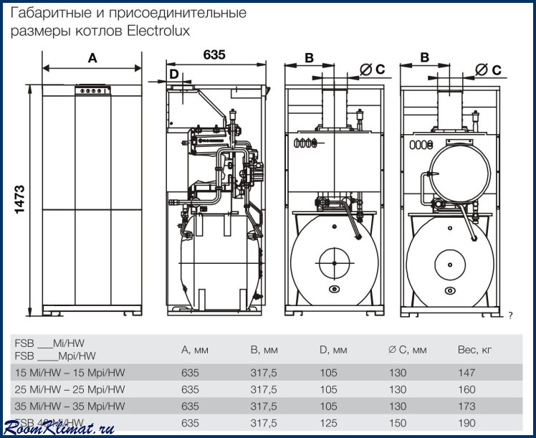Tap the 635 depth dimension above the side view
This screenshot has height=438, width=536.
tap(214, 54)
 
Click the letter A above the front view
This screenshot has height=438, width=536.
tap(92, 59)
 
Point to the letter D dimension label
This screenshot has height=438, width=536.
tap(174, 74)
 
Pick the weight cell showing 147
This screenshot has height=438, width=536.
tap(466, 373)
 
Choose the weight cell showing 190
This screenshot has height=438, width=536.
tap(466, 423)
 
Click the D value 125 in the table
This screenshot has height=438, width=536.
tap(329, 423)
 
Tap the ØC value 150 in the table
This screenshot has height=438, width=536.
tap(397, 423)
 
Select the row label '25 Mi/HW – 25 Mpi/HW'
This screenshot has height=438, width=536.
tap(70, 389)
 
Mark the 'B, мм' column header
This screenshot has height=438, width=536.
tap(264, 351)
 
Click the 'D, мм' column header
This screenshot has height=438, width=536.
tap(334, 351)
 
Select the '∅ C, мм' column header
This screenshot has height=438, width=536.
tap(407, 351)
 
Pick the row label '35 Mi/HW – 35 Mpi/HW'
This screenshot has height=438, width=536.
tap(70, 406)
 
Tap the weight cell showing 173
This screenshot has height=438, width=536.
tap(466, 406)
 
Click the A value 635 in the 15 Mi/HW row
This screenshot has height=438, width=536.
tap(190, 373)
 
